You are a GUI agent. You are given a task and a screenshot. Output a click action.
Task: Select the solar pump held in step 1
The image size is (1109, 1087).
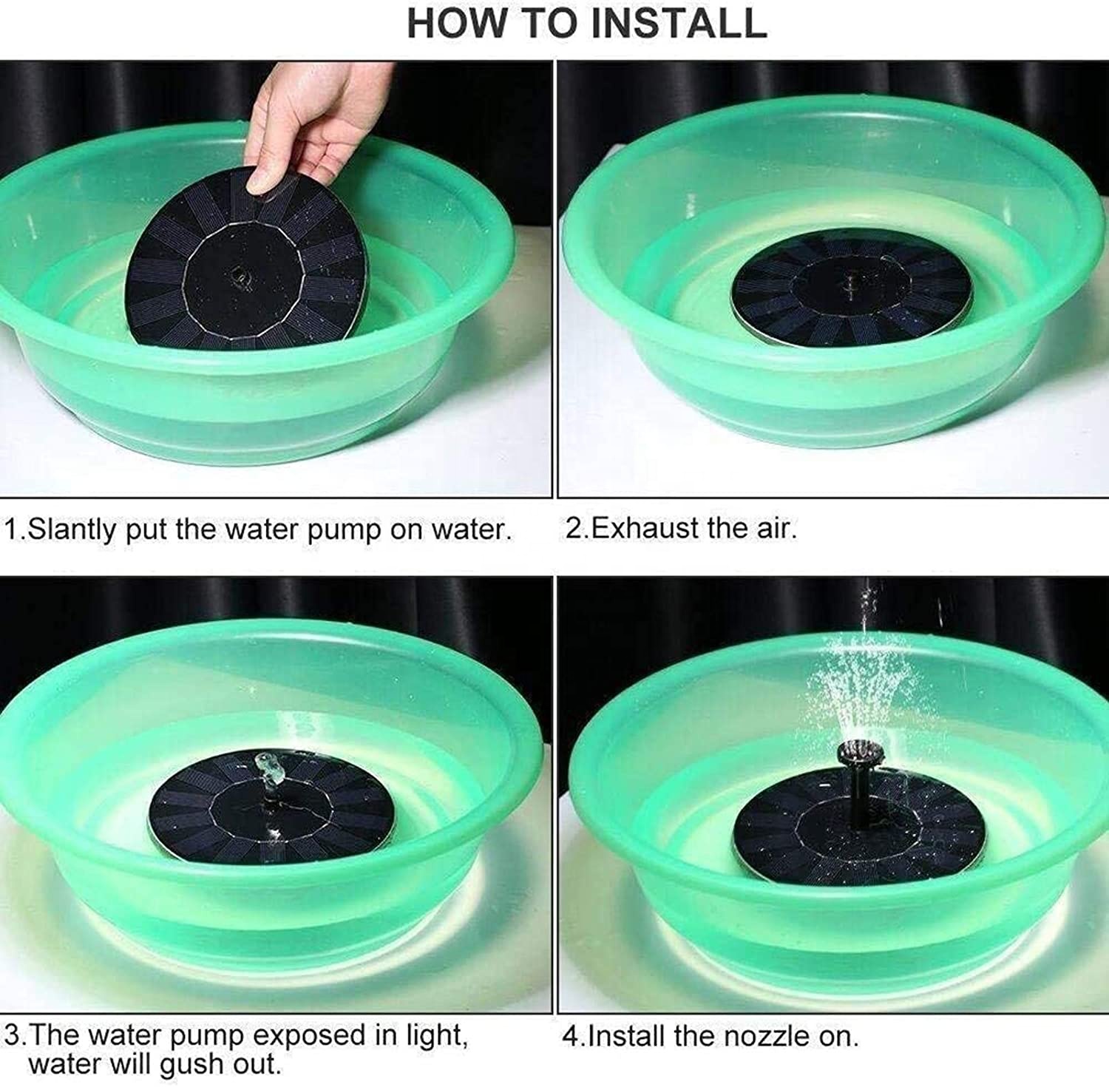point(248,266)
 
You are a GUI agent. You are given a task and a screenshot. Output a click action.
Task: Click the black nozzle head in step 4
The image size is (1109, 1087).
point(857,754)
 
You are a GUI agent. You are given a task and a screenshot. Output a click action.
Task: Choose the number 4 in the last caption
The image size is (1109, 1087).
point(571,1036)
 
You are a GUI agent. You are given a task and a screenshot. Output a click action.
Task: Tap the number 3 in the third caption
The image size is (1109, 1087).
point(11,1036)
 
